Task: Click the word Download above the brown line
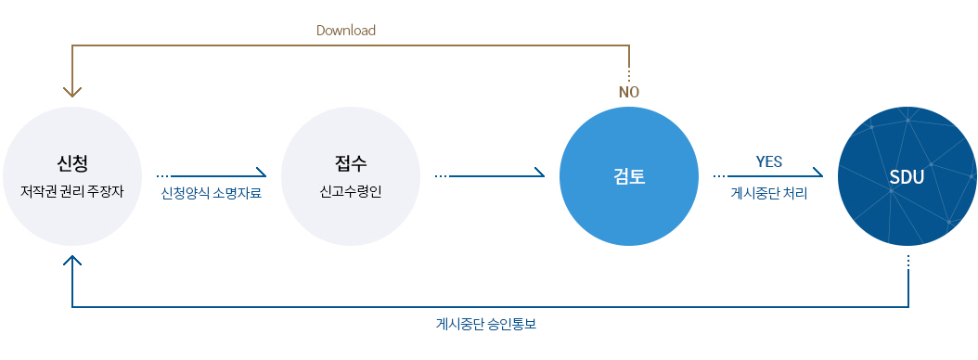345,30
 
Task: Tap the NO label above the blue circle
629,92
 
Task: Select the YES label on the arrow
769,161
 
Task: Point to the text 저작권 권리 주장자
72,194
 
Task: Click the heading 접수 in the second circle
351,164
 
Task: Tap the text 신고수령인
351,194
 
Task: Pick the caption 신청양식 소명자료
211,194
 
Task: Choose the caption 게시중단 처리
769,194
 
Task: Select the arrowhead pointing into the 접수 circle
262,174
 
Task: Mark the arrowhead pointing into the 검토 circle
540,174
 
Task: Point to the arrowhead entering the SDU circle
818,174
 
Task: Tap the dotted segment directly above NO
629,75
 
